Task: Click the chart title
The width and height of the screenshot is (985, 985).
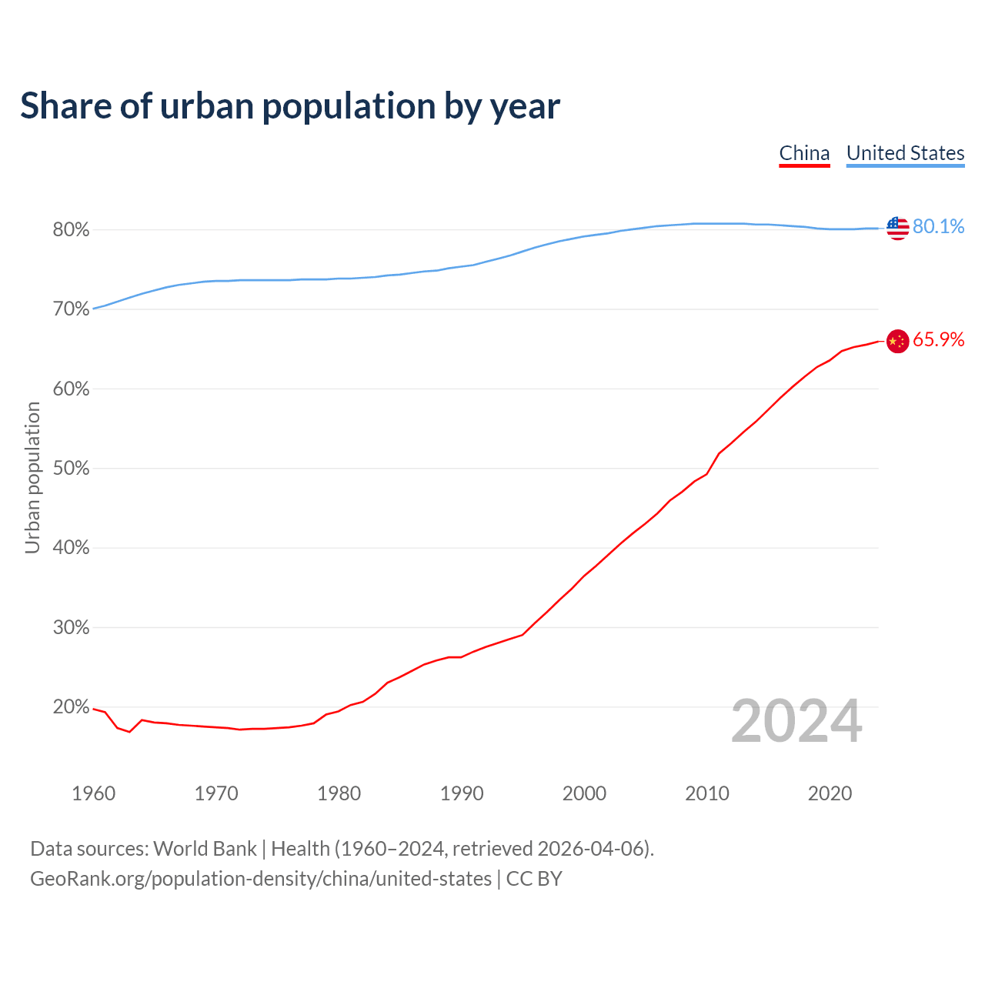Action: coord(290,106)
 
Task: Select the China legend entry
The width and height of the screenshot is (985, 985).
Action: coord(804,153)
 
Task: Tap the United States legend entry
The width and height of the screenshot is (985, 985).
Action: coord(905,153)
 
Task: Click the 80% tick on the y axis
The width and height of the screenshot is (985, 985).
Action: coord(71,230)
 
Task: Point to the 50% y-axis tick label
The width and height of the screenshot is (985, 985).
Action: coord(71,469)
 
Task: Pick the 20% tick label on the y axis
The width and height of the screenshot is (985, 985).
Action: coord(71,707)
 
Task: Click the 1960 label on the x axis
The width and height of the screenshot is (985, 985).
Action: coord(94,793)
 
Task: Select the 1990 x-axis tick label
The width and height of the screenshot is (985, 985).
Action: coord(462,793)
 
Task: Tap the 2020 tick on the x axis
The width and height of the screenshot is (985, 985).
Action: coord(830,793)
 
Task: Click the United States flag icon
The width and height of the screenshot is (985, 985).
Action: coord(897,228)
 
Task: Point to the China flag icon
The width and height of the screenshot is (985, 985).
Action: coord(897,341)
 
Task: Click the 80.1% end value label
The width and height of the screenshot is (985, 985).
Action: coord(938,226)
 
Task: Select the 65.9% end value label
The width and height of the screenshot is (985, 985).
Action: coord(938,340)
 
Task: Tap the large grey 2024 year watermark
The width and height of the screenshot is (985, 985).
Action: coord(796,721)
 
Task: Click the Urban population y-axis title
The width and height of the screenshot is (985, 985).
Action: coord(32,477)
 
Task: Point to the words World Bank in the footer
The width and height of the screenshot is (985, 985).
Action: coord(205,849)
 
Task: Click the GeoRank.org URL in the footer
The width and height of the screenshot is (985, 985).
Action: coord(261,879)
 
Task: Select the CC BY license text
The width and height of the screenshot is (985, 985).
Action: coord(534,879)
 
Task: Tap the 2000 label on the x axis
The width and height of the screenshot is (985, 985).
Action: coord(584,793)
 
